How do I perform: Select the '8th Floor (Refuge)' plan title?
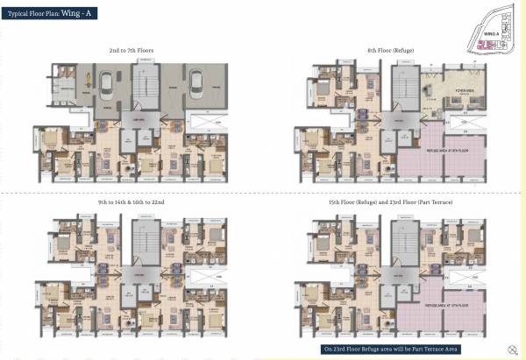(x=393, y=52)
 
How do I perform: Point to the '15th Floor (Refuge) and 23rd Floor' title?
(x=392, y=203)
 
